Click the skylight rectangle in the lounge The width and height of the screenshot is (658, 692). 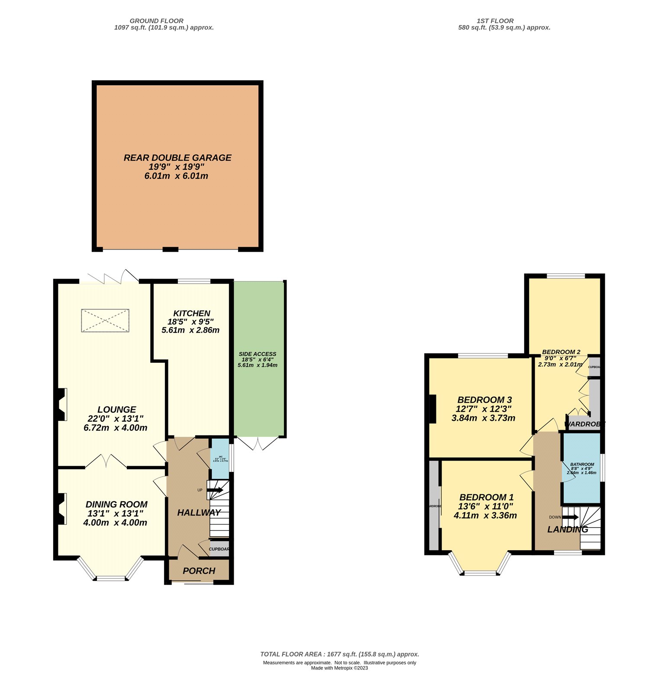tap(105, 320)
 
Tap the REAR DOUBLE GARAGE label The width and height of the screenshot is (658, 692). tap(177, 158)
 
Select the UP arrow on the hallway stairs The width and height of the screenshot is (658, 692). tap(215, 490)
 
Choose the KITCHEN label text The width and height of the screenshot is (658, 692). tap(192, 313)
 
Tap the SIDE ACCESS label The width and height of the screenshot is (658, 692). tap(258, 354)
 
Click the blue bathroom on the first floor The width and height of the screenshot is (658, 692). tap(581, 468)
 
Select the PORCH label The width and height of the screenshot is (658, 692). tap(199, 570)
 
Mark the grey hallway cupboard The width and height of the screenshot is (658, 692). tap(219, 549)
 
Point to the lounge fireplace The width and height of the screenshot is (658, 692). tap(61, 404)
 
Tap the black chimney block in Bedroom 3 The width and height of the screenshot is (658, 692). tap(432, 409)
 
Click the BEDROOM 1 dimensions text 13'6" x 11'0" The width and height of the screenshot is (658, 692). tap(485, 506)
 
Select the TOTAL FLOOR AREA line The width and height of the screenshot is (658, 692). tap(339, 654)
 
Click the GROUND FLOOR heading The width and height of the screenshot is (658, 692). tap(156, 21)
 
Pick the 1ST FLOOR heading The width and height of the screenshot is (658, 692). tap(495, 21)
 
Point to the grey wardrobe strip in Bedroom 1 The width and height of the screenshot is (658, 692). tap(433, 506)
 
